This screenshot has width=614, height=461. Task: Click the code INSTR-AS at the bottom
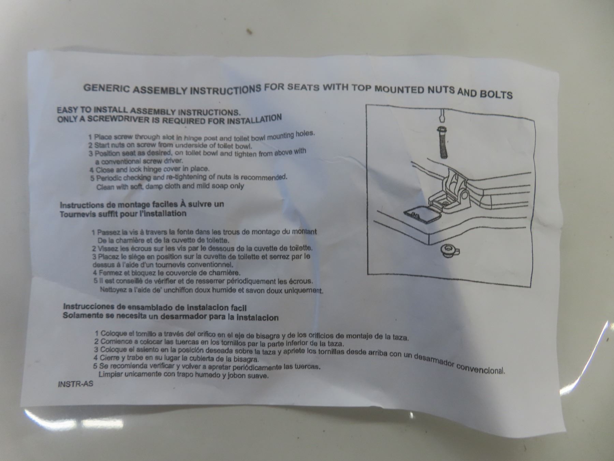coord(75,383)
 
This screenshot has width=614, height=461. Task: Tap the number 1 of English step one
coord(90,137)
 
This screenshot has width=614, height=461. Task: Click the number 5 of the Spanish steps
coord(96,366)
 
